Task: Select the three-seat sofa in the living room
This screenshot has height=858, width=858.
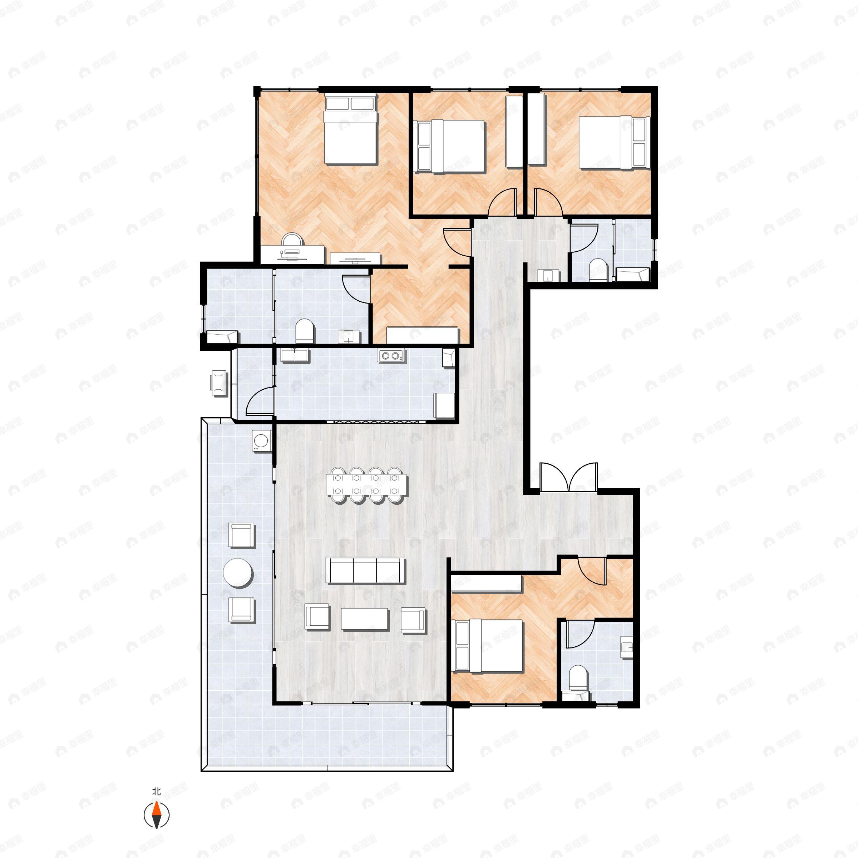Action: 365,570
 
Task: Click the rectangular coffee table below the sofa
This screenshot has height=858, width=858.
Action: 365,618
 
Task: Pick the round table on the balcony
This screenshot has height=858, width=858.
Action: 238,573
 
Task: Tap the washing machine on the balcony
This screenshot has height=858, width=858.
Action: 261,441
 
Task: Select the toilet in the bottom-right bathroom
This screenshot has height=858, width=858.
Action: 580,680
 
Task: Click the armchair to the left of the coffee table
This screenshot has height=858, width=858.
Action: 317,617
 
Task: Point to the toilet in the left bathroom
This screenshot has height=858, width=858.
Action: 305,330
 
